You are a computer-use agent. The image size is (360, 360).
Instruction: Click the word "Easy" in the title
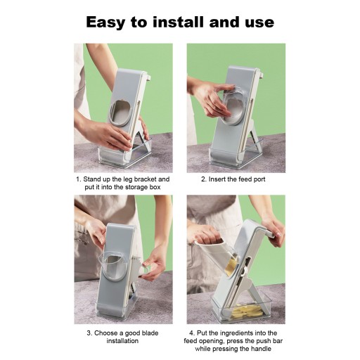(105, 22)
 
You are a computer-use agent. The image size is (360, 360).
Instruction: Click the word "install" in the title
(178, 22)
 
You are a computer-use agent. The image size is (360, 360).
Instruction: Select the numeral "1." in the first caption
(79, 179)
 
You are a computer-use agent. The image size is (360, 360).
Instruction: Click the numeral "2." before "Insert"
(204, 179)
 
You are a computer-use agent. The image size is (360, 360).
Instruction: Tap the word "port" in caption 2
(259, 180)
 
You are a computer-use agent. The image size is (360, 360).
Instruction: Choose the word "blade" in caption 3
(150, 333)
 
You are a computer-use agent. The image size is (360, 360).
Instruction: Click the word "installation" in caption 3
(122, 341)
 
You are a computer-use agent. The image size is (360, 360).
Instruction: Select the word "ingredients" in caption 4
(237, 333)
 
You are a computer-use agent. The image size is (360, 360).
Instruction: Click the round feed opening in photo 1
(120, 112)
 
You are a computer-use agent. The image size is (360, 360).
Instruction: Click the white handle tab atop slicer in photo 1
(148, 77)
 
